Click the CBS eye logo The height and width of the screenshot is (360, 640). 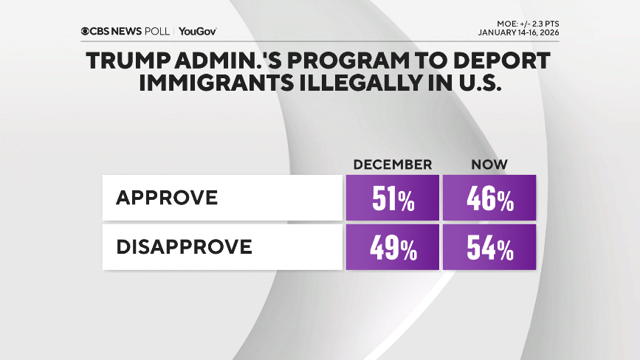(86, 32)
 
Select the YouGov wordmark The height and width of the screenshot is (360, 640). (198, 32)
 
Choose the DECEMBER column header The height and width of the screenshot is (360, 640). (392, 164)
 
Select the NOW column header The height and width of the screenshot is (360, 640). (489, 164)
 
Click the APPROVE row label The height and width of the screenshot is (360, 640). (167, 198)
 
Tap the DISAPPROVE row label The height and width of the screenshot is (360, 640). (185, 246)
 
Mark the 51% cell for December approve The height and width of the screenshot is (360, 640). (393, 198)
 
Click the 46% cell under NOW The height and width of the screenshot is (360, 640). (489, 198)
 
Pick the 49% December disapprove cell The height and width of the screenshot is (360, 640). (393, 247)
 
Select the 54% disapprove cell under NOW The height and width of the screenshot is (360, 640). (489, 247)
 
